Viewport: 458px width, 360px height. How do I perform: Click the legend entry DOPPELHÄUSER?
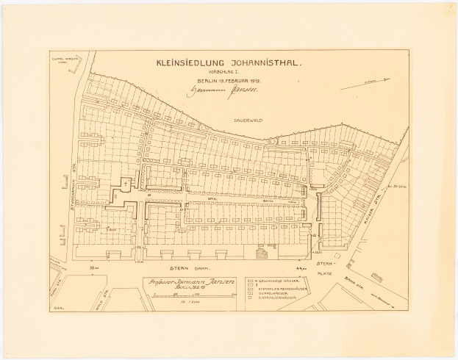[x=272, y=298]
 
